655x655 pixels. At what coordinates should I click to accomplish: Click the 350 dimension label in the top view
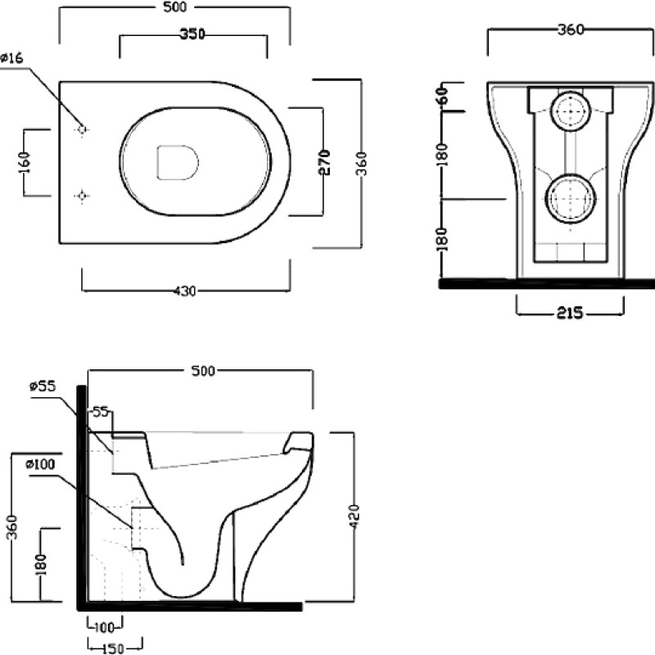click(x=192, y=34)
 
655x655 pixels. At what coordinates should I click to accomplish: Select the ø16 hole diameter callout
click(x=12, y=58)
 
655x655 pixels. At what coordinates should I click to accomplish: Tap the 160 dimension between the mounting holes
click(x=25, y=162)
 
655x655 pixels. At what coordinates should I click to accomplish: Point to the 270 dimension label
click(x=325, y=162)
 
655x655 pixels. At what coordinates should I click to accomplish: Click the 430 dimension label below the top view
click(x=185, y=291)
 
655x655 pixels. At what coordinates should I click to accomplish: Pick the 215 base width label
click(x=570, y=313)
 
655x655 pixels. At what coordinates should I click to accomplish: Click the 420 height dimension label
click(x=355, y=517)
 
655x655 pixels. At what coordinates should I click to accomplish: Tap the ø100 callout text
click(x=40, y=464)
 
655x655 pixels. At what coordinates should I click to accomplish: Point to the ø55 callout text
click(x=43, y=386)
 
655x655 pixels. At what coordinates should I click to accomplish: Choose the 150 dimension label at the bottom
click(x=113, y=648)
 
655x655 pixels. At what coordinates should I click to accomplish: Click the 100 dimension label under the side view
click(x=104, y=627)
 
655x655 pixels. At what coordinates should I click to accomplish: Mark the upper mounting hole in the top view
click(x=82, y=129)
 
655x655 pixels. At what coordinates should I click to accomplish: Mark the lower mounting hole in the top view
click(x=82, y=195)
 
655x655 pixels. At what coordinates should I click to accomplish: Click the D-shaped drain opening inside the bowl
click(x=178, y=162)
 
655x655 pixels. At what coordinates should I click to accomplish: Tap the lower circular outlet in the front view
click(x=571, y=198)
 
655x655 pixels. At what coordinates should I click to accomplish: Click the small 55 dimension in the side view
click(x=100, y=412)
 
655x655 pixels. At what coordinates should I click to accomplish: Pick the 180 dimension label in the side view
click(x=40, y=564)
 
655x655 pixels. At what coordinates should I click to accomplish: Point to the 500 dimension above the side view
click(x=203, y=371)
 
